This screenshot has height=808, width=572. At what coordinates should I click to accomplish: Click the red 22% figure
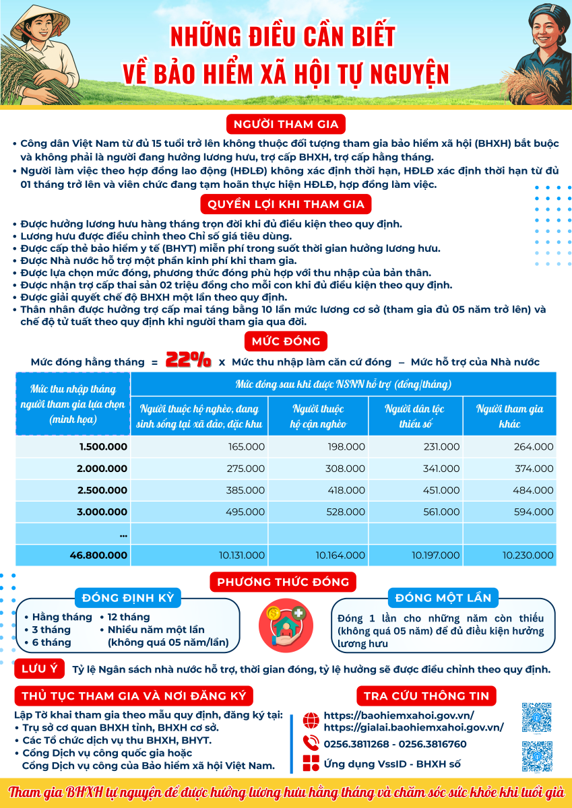(188, 360)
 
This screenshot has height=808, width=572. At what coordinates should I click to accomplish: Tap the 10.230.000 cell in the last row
(528, 555)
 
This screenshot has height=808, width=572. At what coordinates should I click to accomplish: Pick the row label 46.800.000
(98, 555)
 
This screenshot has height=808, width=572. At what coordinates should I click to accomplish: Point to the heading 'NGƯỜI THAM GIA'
(286, 124)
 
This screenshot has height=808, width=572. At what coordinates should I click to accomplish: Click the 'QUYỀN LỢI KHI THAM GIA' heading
(286, 204)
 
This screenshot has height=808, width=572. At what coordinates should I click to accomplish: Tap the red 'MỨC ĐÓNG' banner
(286, 341)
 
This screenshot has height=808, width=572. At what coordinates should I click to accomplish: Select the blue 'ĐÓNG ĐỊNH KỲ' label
(128, 598)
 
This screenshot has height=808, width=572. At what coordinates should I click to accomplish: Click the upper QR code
(537, 718)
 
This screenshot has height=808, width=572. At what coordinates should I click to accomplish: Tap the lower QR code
(537, 756)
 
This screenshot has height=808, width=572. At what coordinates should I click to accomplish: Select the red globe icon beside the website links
(311, 720)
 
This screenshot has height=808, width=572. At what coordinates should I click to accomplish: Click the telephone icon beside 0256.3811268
(311, 743)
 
